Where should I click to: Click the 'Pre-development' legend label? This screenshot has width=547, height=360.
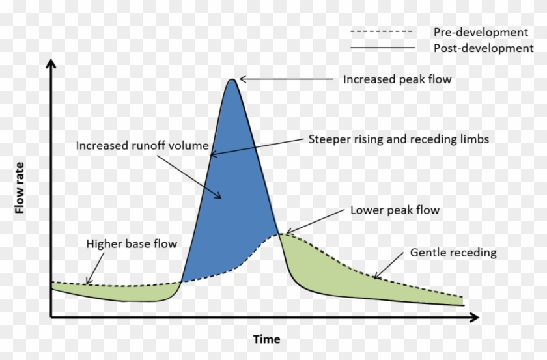pos(481,32)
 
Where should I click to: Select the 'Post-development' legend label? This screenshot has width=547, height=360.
pos(483,48)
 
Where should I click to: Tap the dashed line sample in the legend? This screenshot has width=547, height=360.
pos(382,31)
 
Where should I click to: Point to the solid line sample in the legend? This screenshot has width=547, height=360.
pos(382,48)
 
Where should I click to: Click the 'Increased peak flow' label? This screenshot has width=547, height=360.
pos(397,79)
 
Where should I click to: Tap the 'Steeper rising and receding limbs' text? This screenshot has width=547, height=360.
pos(399,139)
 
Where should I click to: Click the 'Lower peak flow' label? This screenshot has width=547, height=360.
pos(395,210)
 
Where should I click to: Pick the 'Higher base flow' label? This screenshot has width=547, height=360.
pos(132,244)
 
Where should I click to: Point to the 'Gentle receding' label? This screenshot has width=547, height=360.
pos(453,253)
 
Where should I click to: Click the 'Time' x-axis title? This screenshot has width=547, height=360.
pos(267,339)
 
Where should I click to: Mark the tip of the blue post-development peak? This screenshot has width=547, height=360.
pos(231,80)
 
